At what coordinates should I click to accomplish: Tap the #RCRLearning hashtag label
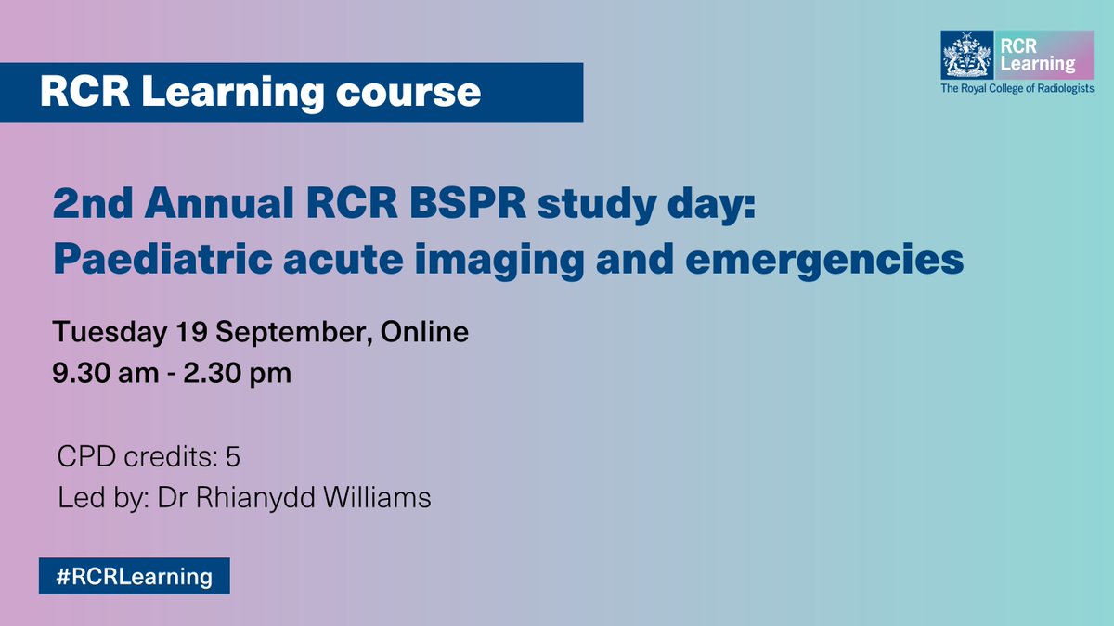(134, 576)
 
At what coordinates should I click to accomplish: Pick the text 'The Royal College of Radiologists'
(1017, 89)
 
